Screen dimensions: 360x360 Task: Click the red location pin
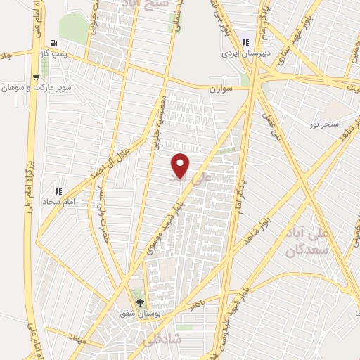click(x=181, y=164)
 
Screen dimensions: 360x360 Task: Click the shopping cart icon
click(x=36, y=78)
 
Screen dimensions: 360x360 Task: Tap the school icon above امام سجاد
click(x=59, y=191)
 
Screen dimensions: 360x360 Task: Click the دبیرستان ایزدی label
click(x=242, y=53)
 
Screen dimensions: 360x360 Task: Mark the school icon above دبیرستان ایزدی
click(x=243, y=39)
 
